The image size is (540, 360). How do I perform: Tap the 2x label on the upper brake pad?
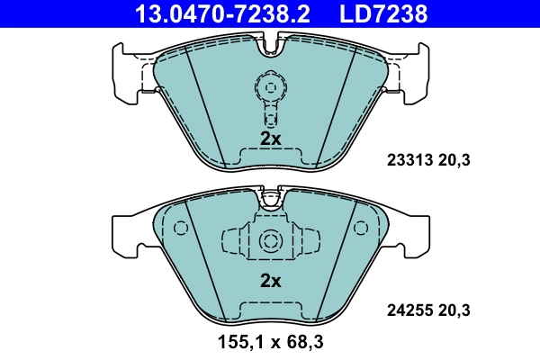(x=271, y=139)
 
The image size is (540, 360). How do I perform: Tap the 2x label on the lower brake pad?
(x=271, y=281)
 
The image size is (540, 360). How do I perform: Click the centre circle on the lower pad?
(x=270, y=241)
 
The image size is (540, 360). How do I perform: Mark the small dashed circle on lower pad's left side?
(x=179, y=228)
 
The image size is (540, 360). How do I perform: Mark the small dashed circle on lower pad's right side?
(x=362, y=228)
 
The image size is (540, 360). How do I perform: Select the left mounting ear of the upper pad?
(x=126, y=67)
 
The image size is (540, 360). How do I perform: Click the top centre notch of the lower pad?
(x=270, y=194)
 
